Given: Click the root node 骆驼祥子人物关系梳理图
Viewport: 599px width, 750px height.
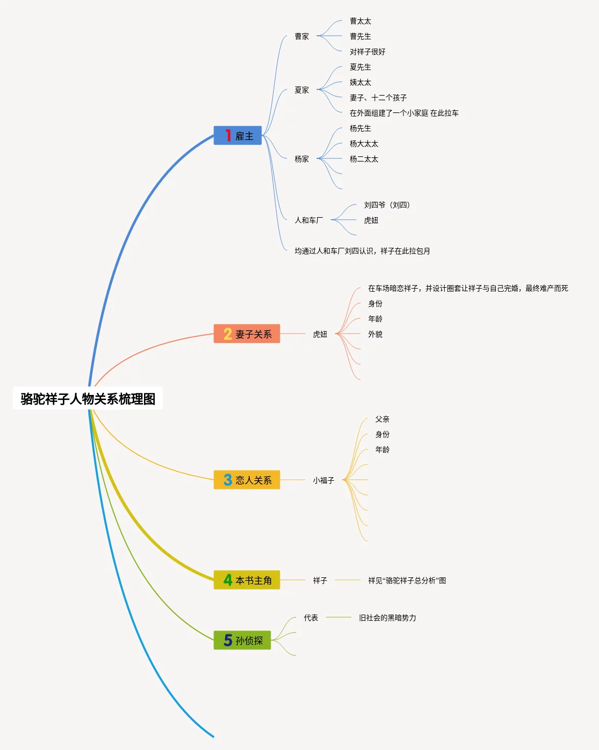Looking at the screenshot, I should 88,399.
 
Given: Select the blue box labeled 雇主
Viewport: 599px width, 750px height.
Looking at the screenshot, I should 237,136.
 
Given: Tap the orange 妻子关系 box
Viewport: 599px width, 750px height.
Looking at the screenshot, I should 247,334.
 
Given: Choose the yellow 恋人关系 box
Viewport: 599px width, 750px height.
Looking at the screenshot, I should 247,480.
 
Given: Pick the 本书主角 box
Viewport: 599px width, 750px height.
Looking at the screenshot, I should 247,580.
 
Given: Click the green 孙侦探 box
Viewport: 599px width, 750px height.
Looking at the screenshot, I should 242,640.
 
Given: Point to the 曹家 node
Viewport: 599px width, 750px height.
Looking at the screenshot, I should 302,37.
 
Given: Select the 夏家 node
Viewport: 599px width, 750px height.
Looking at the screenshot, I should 302,90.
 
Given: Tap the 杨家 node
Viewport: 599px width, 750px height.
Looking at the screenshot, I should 302,159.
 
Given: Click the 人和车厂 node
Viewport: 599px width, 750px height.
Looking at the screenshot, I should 308,220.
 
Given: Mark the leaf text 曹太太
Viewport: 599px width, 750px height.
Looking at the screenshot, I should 361,21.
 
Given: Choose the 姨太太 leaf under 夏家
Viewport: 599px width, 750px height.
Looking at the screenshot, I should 361,83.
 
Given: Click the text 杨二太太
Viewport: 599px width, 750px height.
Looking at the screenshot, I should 364,159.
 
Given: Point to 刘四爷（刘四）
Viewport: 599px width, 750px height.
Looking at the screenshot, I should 387,205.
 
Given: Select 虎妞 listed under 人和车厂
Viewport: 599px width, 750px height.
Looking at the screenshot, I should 371,221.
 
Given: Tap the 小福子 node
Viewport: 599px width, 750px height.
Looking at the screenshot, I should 323,481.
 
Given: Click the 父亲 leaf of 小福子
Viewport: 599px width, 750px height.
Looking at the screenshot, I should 382,419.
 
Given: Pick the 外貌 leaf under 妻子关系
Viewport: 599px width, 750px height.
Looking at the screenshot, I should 375,335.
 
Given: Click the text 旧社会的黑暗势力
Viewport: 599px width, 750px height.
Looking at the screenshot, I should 388,618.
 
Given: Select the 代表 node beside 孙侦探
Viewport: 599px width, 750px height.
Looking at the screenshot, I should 311,618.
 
